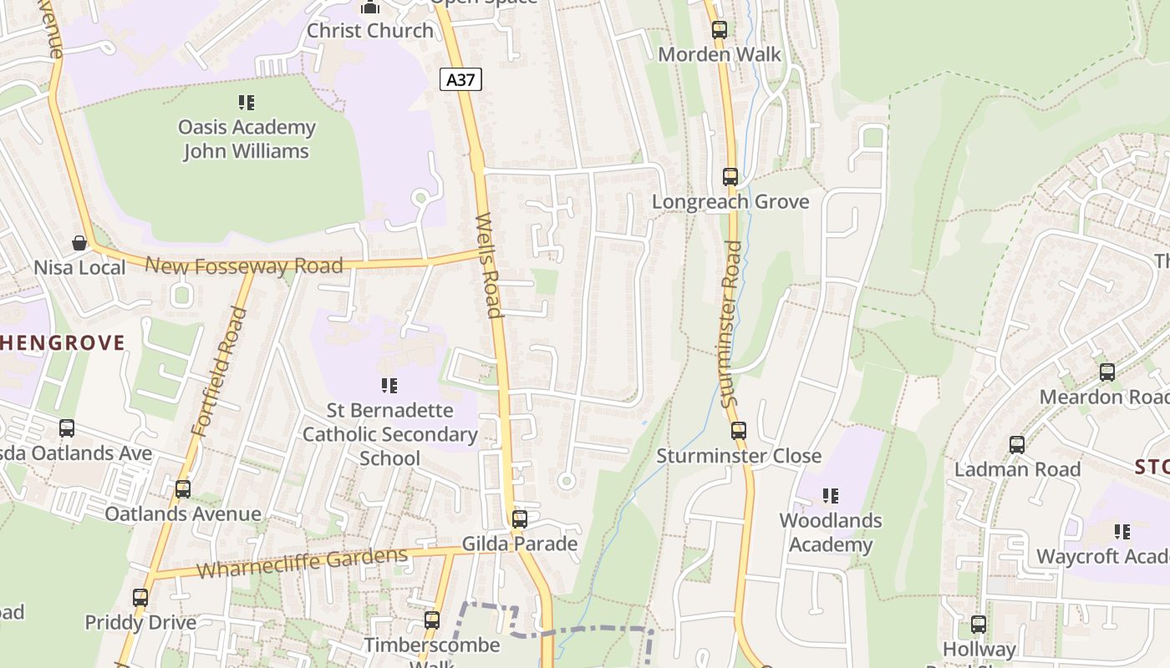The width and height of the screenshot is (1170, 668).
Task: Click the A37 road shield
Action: click(x=460, y=80)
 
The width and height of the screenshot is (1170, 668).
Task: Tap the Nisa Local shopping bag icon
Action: click(x=79, y=243)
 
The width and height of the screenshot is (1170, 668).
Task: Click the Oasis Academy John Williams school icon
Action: click(x=247, y=103)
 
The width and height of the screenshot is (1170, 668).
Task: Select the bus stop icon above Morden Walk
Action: click(x=720, y=30)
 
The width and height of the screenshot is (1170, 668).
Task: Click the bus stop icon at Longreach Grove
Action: click(x=730, y=177)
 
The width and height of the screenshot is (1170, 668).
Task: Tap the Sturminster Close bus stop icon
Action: click(x=739, y=431)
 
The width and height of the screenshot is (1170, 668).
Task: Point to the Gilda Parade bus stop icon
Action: click(x=520, y=519)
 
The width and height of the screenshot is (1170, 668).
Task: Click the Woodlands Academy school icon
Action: click(x=830, y=496)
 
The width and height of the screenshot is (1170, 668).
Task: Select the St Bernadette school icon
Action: click(x=389, y=386)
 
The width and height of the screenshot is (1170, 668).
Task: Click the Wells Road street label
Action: click(x=488, y=266)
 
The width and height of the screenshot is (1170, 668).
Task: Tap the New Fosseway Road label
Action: click(x=244, y=266)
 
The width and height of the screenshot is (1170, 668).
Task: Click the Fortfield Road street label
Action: click(x=220, y=372)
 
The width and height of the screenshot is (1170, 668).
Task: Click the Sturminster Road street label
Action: click(x=731, y=324)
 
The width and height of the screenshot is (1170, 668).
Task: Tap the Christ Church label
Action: click(x=370, y=30)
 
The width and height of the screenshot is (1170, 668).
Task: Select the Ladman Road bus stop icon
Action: click(x=1017, y=445)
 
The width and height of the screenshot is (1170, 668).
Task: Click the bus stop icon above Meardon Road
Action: click(x=1107, y=372)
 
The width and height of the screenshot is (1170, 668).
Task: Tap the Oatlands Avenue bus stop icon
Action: click(x=183, y=489)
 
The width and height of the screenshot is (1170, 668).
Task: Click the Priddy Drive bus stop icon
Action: click(x=140, y=598)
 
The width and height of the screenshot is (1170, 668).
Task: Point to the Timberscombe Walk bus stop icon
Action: click(x=432, y=620)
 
